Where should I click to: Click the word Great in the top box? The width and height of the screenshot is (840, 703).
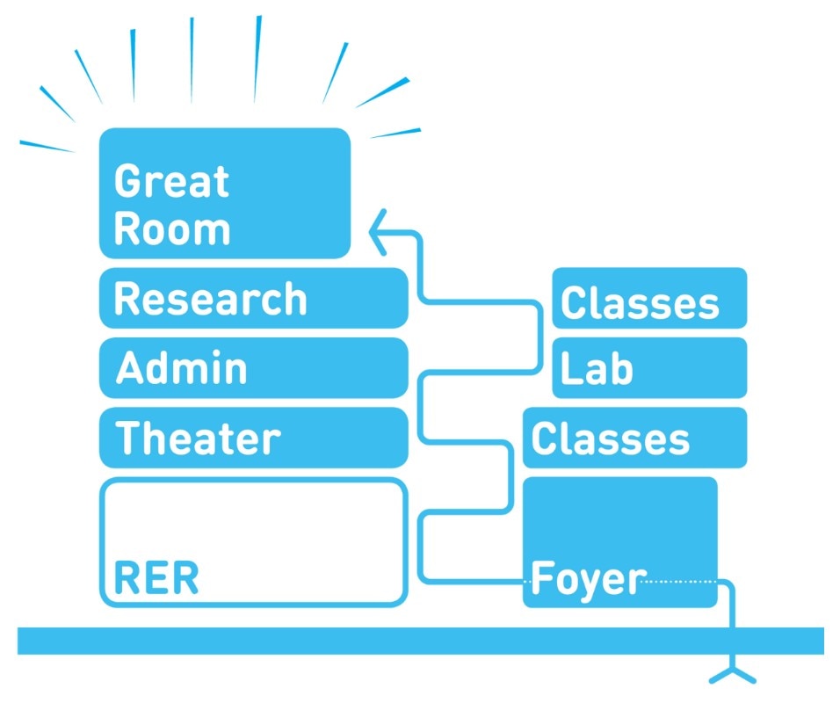[x=171, y=182]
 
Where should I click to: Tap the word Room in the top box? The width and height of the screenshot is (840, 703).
[x=171, y=229]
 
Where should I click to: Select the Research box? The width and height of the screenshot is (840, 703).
[x=253, y=298]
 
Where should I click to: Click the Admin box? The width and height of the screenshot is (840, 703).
[x=253, y=367]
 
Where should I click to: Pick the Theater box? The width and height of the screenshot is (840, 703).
[x=253, y=437]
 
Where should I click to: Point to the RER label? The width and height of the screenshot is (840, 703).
[x=156, y=579]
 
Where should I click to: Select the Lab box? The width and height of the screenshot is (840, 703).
[x=649, y=367]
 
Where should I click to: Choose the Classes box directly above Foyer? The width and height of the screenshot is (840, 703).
[x=634, y=438]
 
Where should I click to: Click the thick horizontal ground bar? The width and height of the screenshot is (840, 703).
[x=420, y=641]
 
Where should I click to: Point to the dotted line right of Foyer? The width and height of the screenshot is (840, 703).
[x=681, y=580]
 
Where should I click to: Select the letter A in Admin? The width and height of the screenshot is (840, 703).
[x=130, y=368]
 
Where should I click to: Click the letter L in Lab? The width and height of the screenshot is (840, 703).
[x=571, y=369]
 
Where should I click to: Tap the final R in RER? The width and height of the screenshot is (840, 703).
[x=185, y=579]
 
